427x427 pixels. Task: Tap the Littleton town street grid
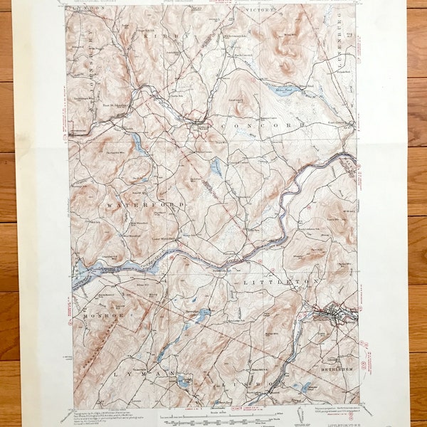pyautogui.click(x=329, y=311)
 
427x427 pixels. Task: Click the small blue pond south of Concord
pyautogui.click(x=215, y=168)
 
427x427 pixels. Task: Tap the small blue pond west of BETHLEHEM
pyautogui.click(x=306, y=387)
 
